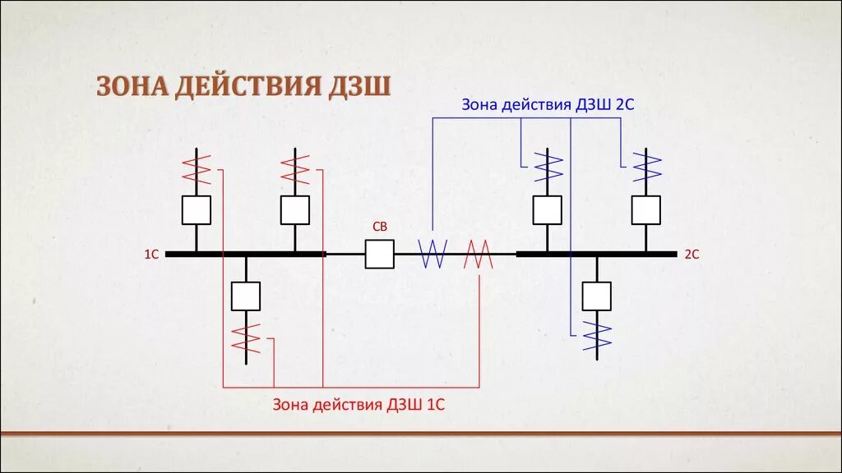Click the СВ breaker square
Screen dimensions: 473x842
[379, 255]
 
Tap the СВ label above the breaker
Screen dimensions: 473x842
[379, 227]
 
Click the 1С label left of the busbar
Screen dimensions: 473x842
[151, 255]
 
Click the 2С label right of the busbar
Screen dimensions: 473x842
[691, 255]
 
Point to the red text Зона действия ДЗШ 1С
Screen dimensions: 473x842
[359, 404]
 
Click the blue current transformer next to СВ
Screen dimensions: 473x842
[433, 255]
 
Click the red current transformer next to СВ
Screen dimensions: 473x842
[479, 255]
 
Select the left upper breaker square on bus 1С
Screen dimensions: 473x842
[196, 210]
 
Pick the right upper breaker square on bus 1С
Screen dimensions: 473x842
[295, 210]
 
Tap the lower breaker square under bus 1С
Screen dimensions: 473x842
[246, 296]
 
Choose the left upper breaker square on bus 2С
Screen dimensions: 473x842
[547, 210]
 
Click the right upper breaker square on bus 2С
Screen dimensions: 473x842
[646, 210]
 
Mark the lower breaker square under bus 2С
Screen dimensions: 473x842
[597, 296]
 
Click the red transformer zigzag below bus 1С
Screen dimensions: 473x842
[246, 337]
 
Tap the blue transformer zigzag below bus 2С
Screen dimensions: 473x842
[597, 335]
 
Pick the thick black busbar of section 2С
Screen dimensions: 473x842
[596, 255]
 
